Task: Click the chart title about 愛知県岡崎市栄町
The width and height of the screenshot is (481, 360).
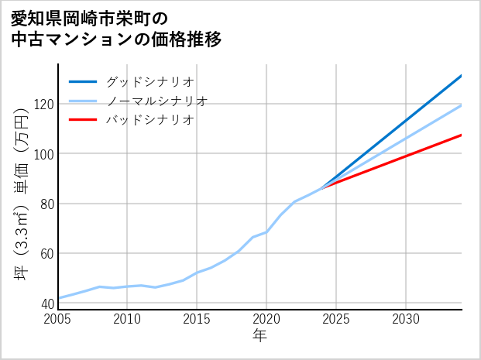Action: click(116, 29)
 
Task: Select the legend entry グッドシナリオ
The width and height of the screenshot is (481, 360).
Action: click(149, 81)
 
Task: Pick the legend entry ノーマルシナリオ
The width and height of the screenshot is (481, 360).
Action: click(156, 101)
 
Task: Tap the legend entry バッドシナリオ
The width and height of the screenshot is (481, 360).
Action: click(149, 120)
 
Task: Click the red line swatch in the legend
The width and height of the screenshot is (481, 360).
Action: click(83, 120)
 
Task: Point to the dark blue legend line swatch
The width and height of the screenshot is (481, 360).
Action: click(83, 81)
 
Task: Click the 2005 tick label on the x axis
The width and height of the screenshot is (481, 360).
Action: click(58, 319)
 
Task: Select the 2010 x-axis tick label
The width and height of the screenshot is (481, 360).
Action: click(128, 319)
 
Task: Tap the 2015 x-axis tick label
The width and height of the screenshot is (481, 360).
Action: click(197, 319)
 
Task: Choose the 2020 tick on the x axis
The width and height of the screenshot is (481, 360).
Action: click(266, 319)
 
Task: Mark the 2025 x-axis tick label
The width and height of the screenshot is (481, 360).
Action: click(336, 319)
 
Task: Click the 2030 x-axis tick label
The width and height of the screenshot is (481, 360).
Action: click(406, 319)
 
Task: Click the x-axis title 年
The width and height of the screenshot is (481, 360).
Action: click(260, 336)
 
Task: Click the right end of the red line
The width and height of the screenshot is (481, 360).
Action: click(461, 135)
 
